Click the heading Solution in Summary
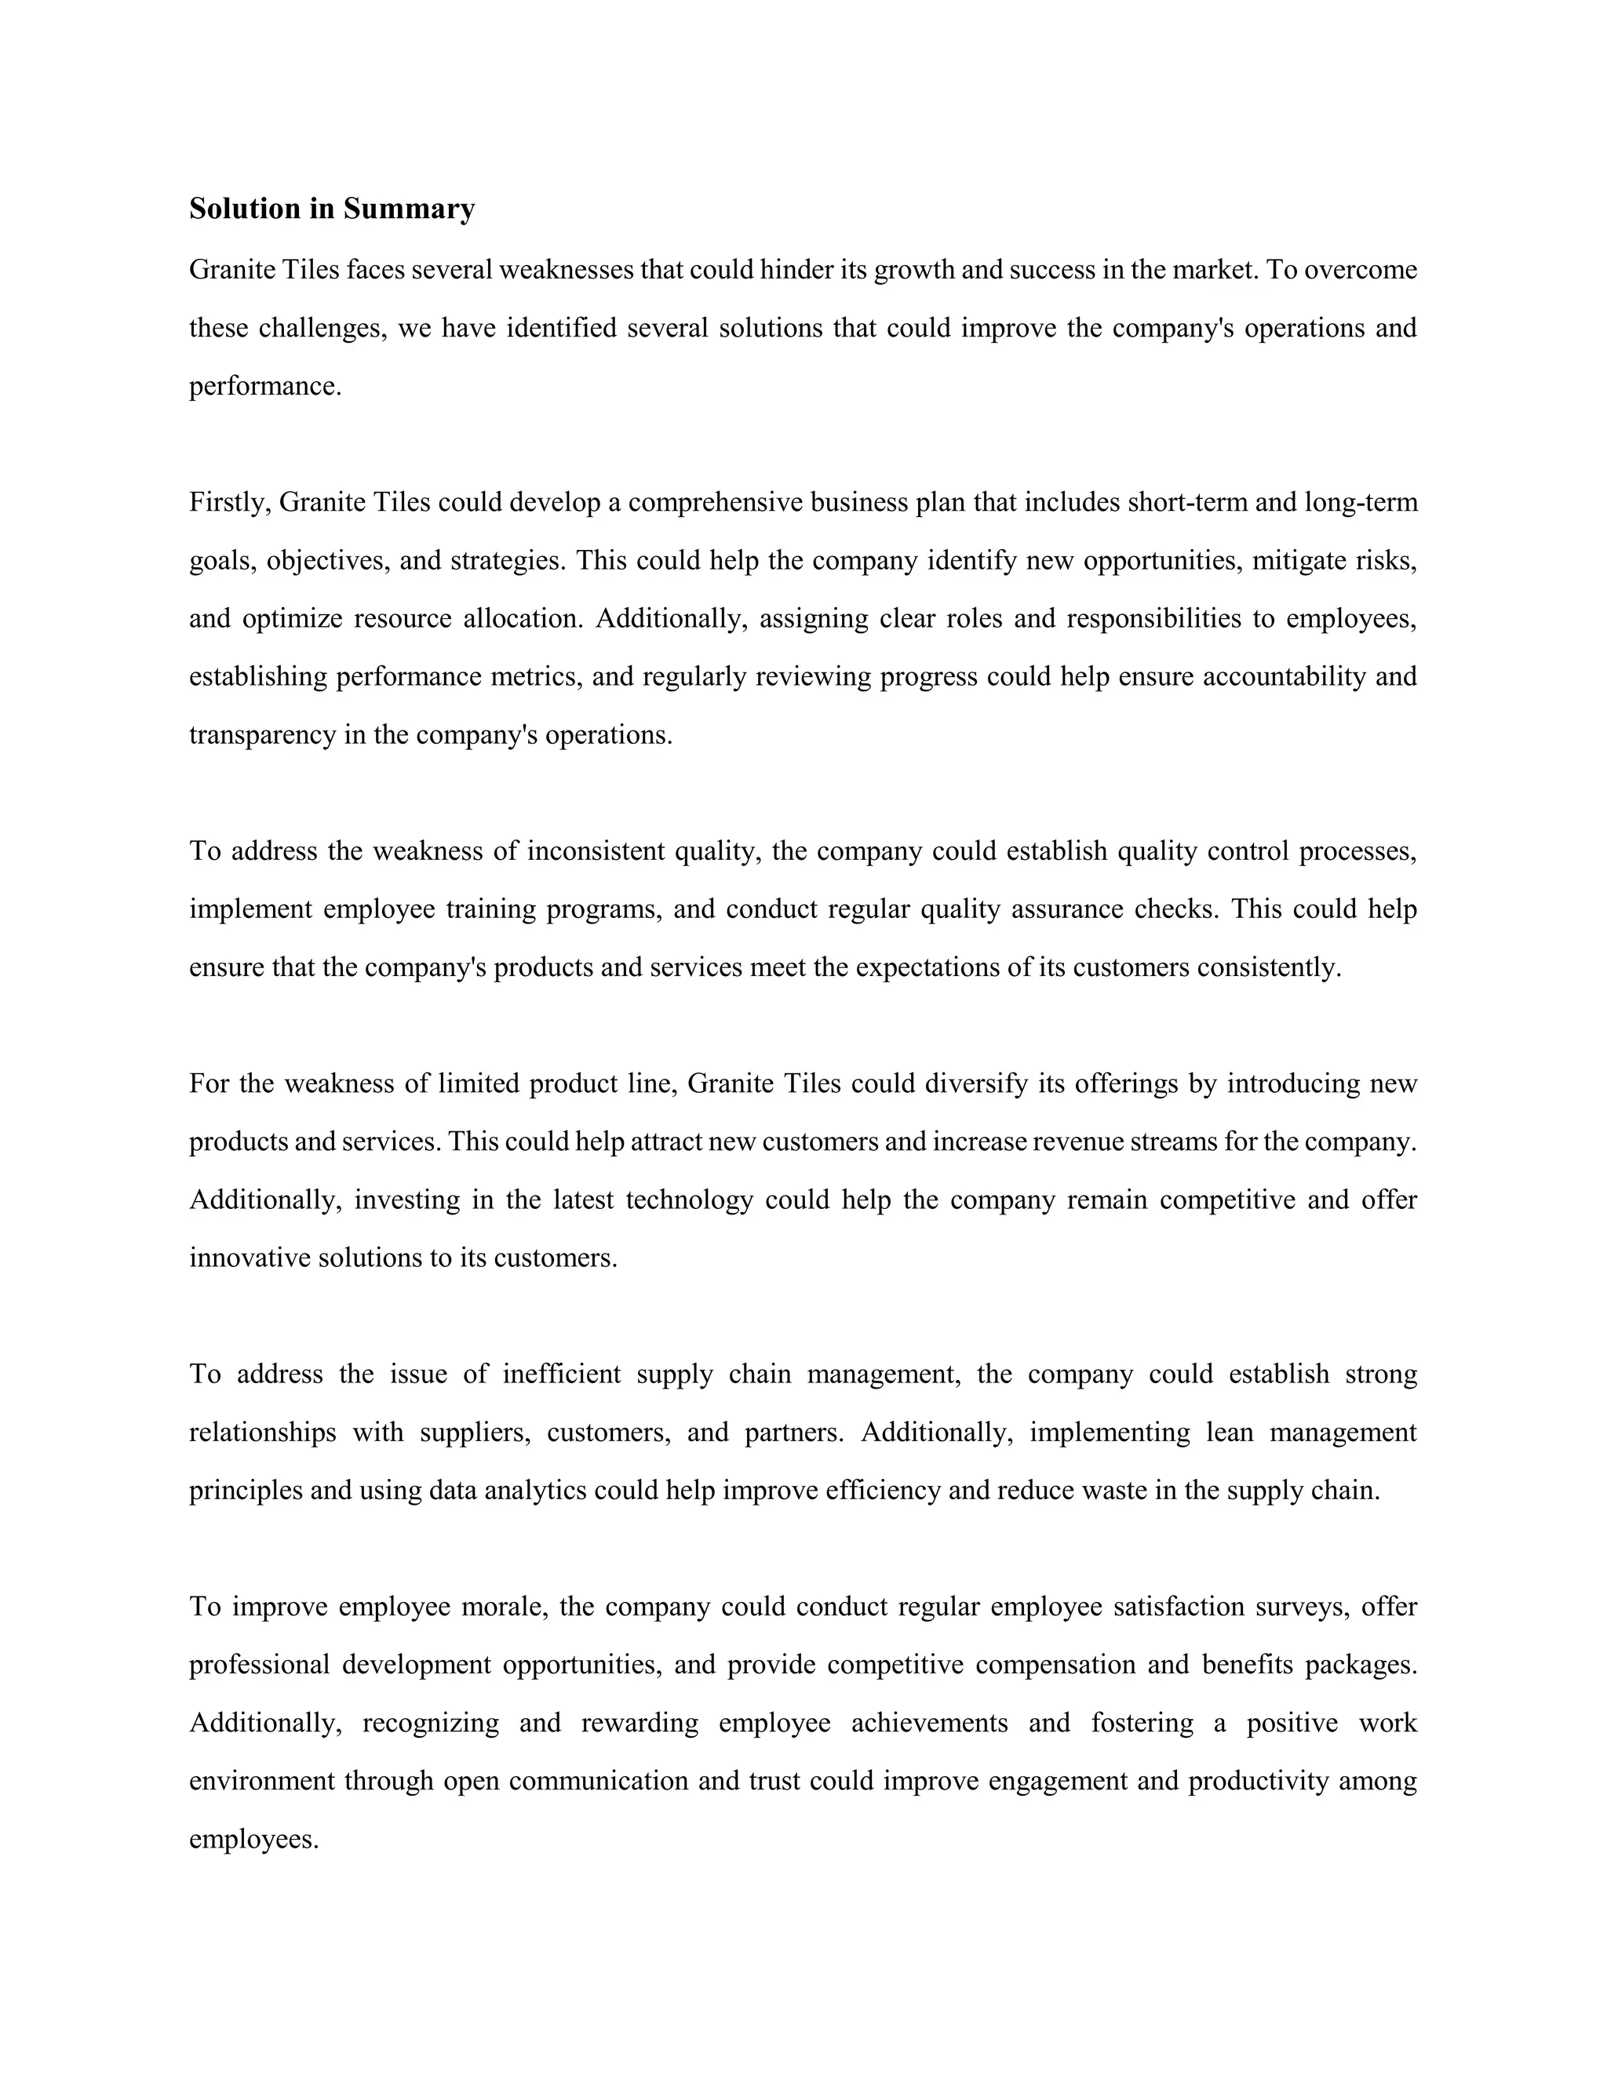(331, 209)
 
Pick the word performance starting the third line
(264, 387)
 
